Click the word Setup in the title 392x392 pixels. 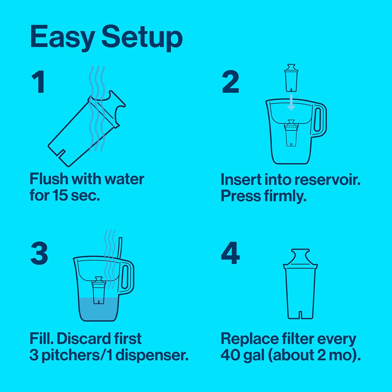[x=142, y=37]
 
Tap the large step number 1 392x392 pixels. [x=39, y=82]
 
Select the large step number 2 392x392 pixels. [x=230, y=82]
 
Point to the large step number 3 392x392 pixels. [x=39, y=253]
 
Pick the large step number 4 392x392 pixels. [x=230, y=253]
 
